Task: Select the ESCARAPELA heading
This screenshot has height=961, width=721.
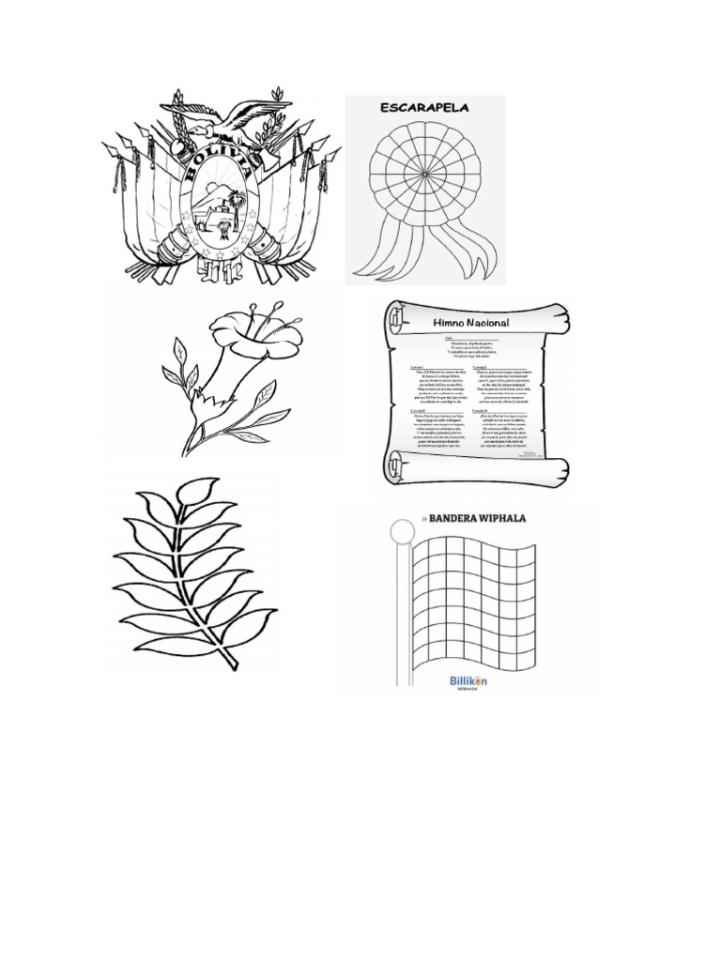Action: [423, 108]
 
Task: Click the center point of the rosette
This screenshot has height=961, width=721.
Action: [424, 175]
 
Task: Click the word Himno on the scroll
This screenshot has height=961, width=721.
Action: [451, 322]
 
